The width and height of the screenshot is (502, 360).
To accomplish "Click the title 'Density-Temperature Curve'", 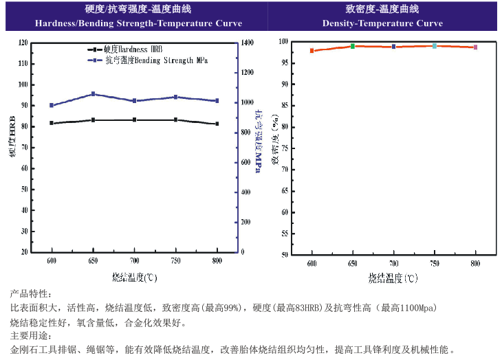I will pos(382,23).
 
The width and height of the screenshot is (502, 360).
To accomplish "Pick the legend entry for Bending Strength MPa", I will pos(151,60).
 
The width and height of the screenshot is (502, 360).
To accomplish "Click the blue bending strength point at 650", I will pos(93,94).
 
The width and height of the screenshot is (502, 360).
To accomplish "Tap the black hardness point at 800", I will pos(217,124).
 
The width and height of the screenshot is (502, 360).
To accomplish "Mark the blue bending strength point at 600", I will pos(52,105).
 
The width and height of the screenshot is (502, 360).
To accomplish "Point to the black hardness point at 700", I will pos(134,120).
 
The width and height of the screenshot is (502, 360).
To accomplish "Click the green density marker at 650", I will pos(353,46).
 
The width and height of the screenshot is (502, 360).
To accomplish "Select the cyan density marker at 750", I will pos(435,46).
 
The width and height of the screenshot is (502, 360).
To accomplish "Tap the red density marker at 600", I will pos(312,51).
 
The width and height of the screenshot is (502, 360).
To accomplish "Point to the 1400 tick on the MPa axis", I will pos(247,43).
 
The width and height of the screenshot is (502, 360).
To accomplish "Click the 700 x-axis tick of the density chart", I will pos(393,264).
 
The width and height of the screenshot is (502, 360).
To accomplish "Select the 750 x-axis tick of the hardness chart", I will pos(175,261).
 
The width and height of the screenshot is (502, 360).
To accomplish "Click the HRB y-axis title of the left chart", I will pos(12,138).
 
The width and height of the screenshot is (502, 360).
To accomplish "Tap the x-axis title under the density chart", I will pos(392,278).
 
